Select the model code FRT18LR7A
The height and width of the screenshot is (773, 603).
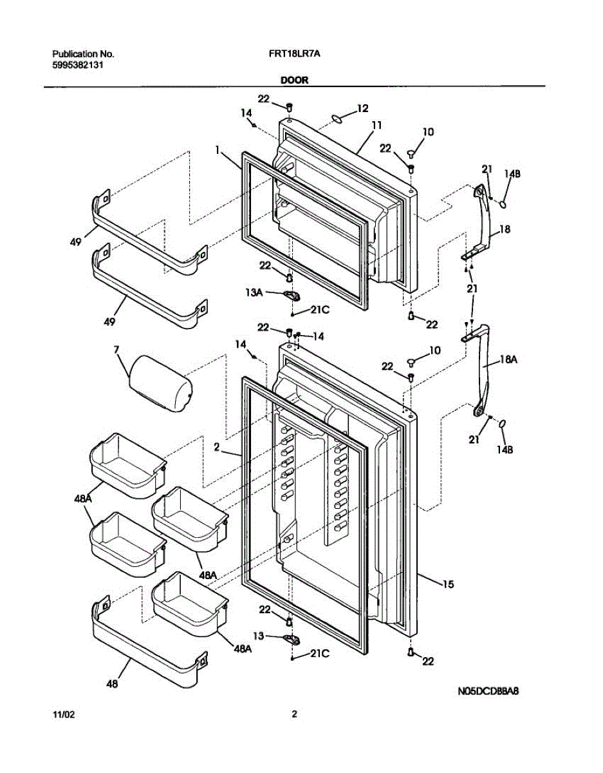tap(294, 55)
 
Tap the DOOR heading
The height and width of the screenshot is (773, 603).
tap(294, 81)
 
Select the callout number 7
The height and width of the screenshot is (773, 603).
tap(117, 350)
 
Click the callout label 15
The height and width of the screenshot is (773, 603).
tap(448, 584)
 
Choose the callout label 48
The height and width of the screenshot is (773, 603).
tap(112, 684)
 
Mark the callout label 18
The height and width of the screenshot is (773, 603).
tap(505, 229)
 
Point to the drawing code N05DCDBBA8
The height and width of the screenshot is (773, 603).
tap(488, 692)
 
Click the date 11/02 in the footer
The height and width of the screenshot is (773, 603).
tap(62, 715)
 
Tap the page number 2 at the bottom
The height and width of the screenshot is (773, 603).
tap(294, 714)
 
